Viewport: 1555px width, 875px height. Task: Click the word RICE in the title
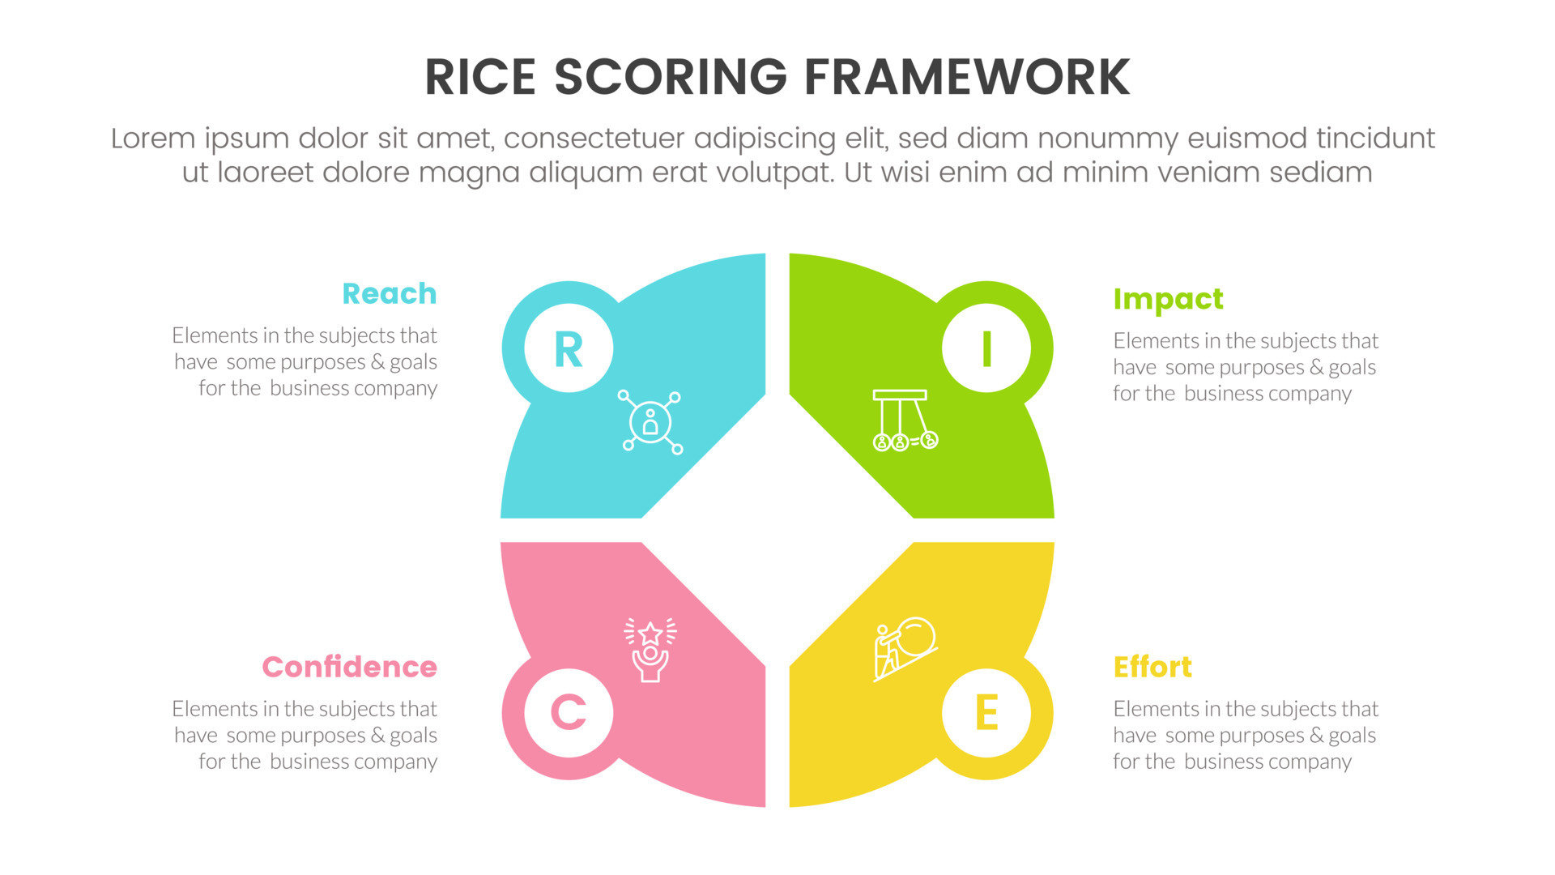click(479, 78)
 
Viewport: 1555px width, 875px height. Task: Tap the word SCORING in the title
click(670, 78)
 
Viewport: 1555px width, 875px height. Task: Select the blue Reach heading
click(389, 293)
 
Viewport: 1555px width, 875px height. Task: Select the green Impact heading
click(1168, 299)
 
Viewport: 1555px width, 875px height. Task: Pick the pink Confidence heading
click(349, 667)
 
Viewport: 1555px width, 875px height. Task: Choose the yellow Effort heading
click(1152, 667)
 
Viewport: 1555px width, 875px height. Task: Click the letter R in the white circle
click(569, 350)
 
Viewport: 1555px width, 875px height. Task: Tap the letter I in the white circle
click(986, 350)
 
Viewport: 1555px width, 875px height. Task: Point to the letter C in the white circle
click(569, 713)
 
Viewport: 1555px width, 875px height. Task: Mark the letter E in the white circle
click(986, 713)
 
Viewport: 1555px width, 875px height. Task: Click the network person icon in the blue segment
click(650, 422)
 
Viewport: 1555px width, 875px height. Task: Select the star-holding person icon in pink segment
click(650, 651)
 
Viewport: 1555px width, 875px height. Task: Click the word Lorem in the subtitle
click(153, 139)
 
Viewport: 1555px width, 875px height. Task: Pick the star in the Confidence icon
click(650, 632)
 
